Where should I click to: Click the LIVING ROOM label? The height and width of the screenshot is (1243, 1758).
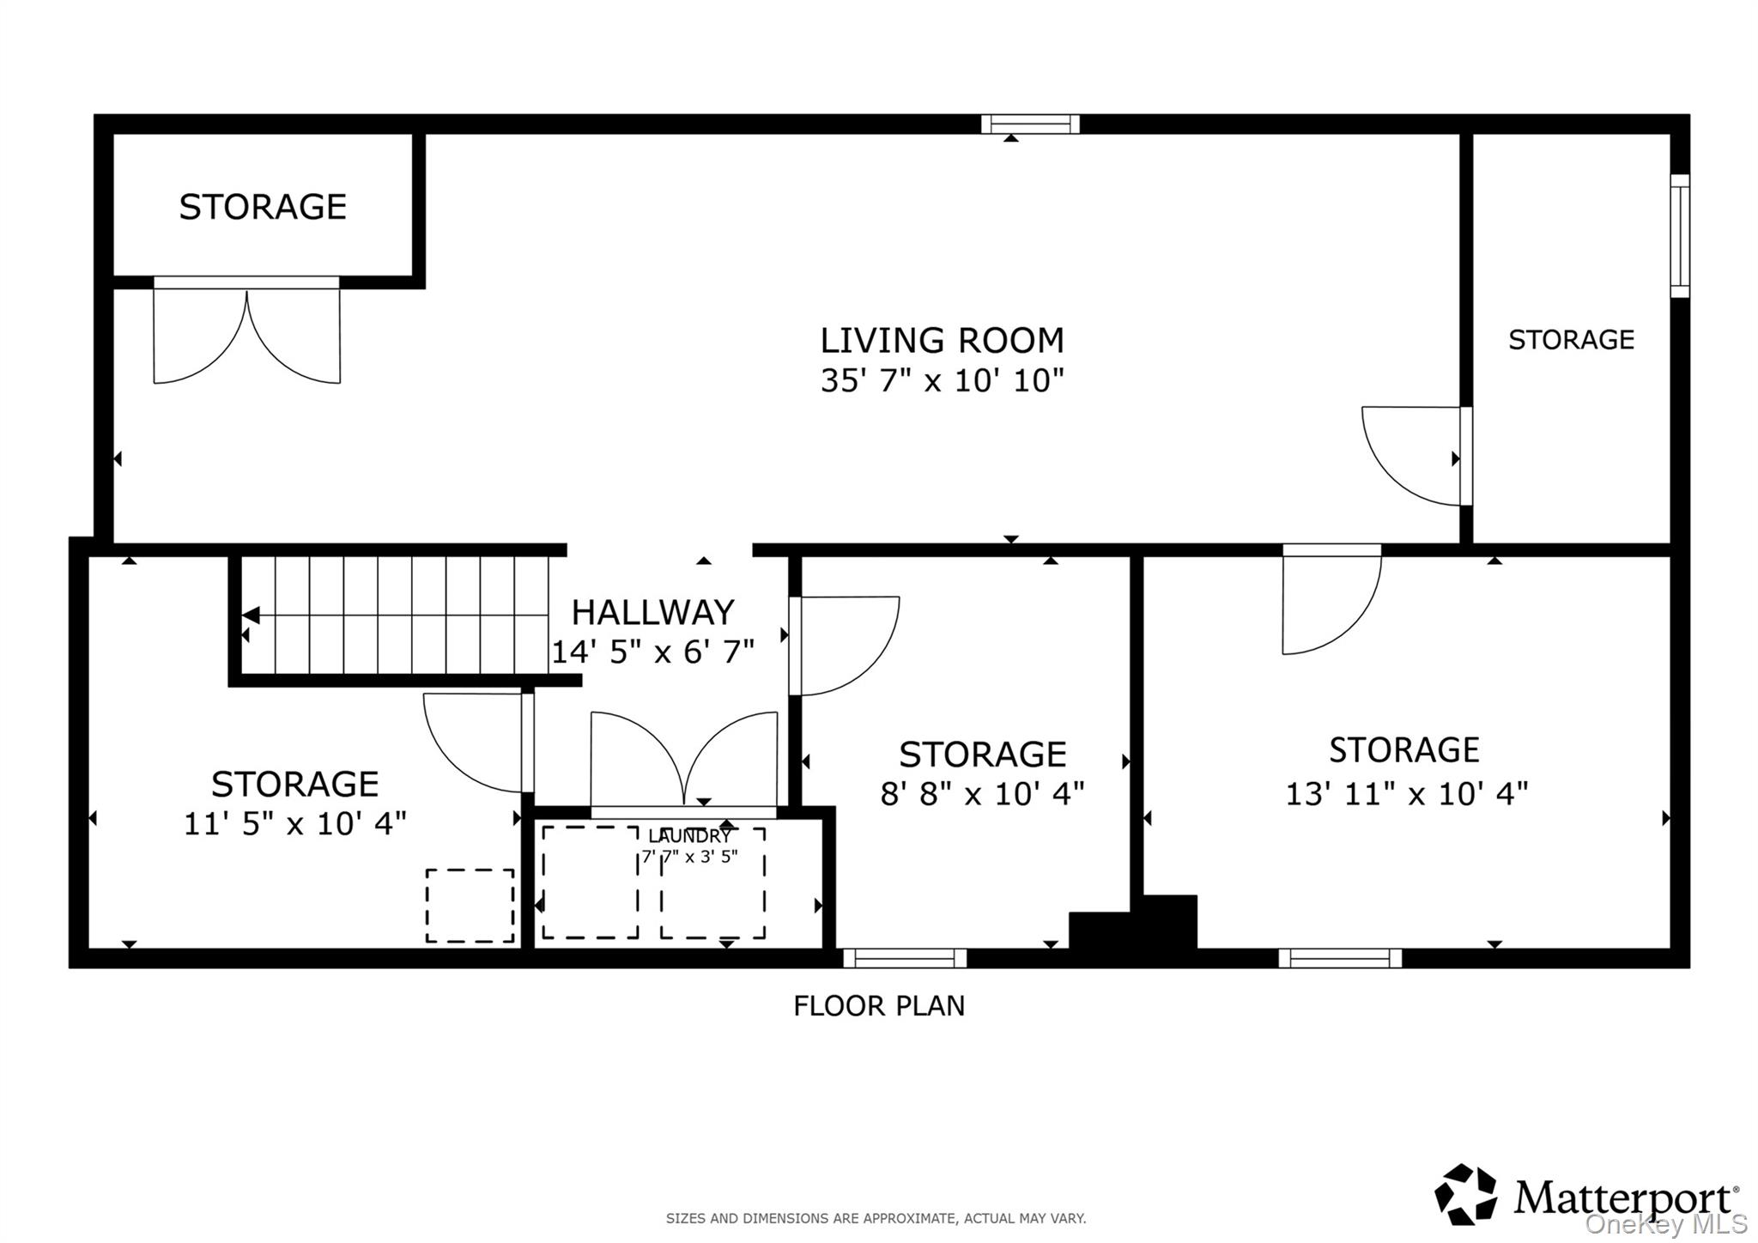point(942,341)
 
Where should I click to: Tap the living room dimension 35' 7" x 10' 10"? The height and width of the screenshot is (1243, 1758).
point(942,380)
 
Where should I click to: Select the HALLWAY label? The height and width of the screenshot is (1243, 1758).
point(652,613)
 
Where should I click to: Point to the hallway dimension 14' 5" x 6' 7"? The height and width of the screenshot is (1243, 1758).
point(652,652)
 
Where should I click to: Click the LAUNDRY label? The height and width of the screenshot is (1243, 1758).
point(690,836)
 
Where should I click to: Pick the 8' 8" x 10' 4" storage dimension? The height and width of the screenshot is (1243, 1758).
point(982,794)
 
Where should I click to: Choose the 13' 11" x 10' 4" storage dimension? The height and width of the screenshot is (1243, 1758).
point(1406,794)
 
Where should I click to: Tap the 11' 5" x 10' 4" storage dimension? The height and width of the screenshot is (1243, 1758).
point(294,824)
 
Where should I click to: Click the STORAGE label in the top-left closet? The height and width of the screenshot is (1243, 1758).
point(263,207)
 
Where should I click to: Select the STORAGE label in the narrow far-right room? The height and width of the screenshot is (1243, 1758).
point(1571,340)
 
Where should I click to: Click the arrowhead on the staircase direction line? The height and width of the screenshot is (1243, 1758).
point(251,615)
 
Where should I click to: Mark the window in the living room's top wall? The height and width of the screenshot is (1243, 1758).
point(1030,124)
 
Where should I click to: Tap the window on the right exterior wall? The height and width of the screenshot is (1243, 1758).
point(1680,236)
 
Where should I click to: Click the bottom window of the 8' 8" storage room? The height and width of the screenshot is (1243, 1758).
point(905,958)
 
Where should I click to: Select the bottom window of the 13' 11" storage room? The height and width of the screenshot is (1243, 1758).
point(1340,958)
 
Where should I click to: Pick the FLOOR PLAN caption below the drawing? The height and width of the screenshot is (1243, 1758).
point(879,1005)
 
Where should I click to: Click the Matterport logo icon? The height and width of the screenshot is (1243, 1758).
point(1466,1194)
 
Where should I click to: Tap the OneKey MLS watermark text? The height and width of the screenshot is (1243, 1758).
point(1665,1223)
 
